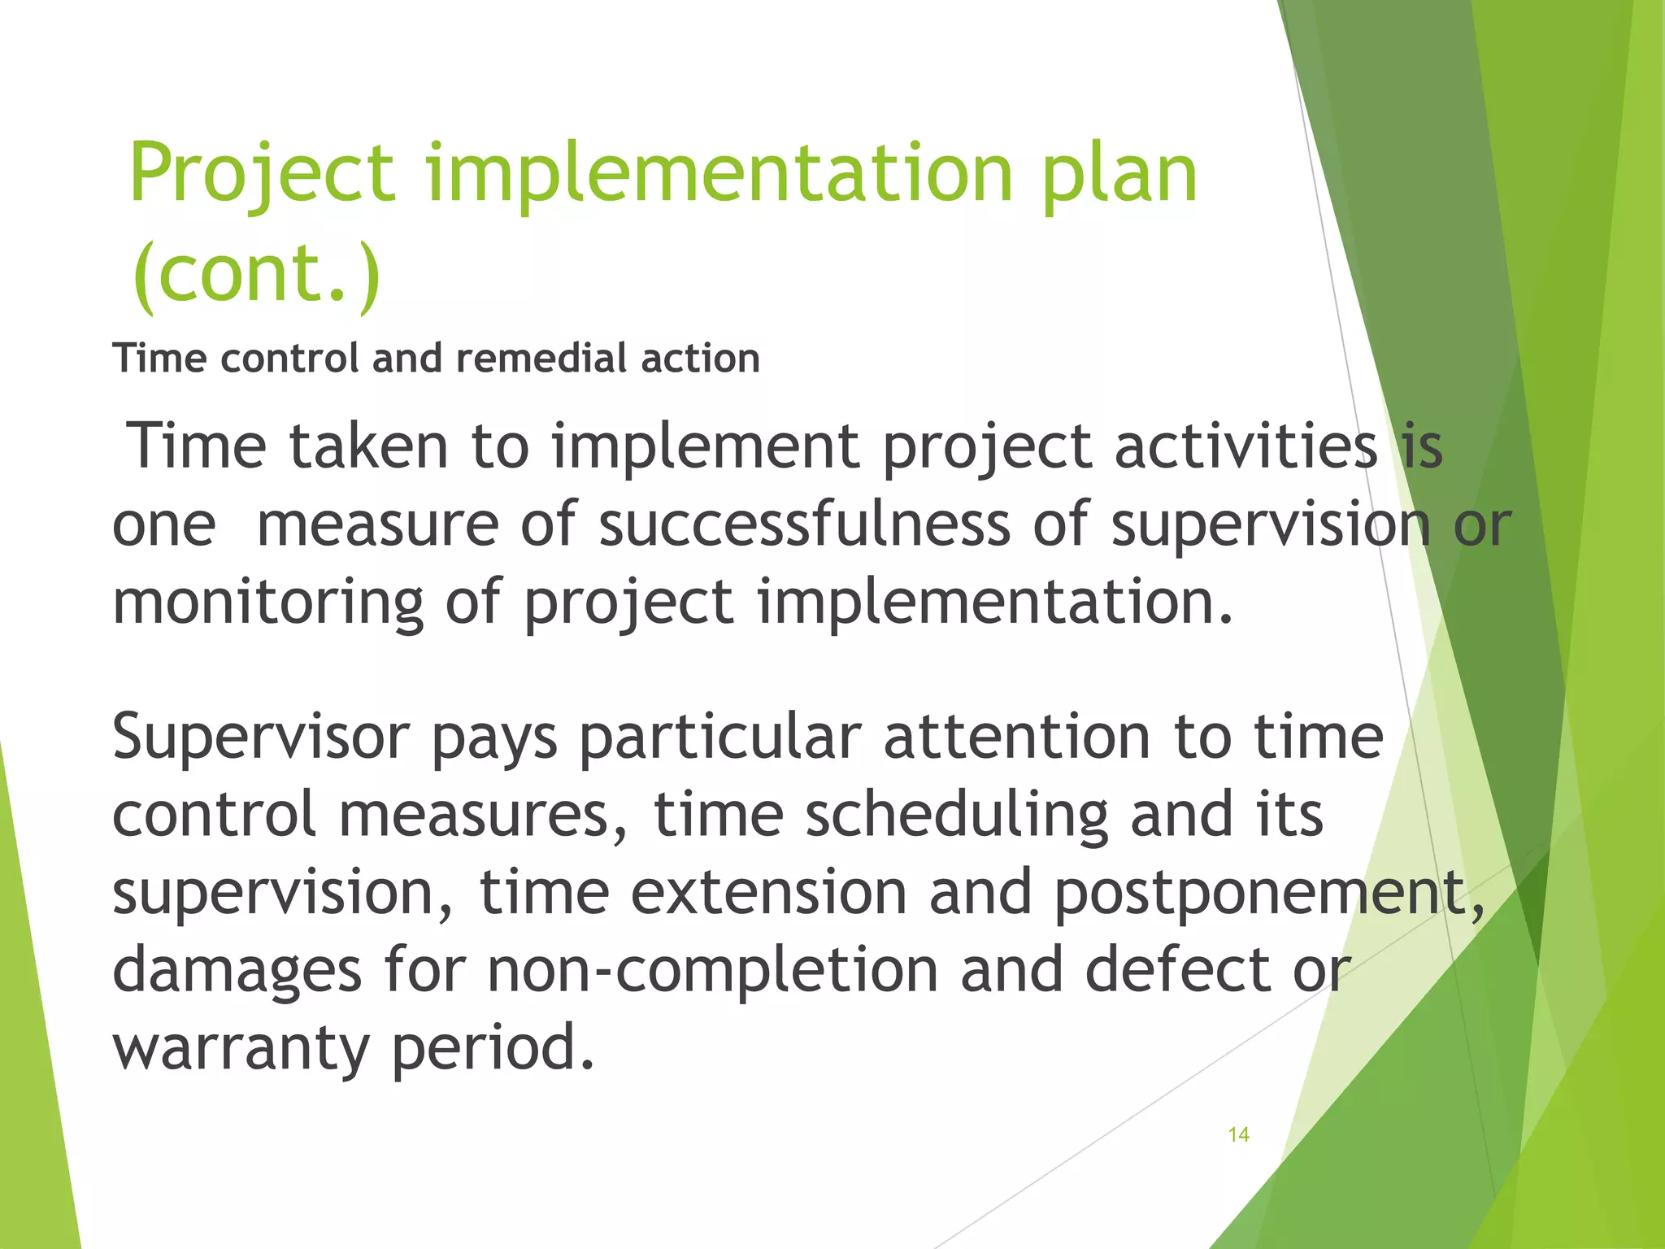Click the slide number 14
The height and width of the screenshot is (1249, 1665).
(1238, 1134)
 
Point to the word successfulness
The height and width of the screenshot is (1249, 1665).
(805, 524)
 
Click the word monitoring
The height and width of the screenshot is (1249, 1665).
(267, 603)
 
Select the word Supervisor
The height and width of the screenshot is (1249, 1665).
(260, 737)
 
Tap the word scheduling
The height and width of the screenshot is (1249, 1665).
(957, 815)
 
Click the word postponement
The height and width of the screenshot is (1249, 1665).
(1268, 892)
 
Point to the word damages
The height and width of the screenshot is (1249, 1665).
(237, 970)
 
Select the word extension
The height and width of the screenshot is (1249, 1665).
(768, 892)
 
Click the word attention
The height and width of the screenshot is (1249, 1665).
(1017, 737)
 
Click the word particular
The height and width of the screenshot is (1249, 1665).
(719, 737)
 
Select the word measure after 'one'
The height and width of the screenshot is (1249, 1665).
(377, 524)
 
